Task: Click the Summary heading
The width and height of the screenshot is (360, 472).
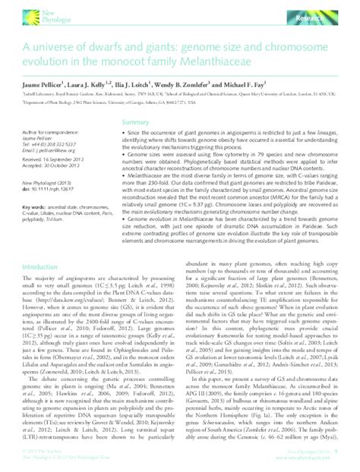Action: pos(136,121)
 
